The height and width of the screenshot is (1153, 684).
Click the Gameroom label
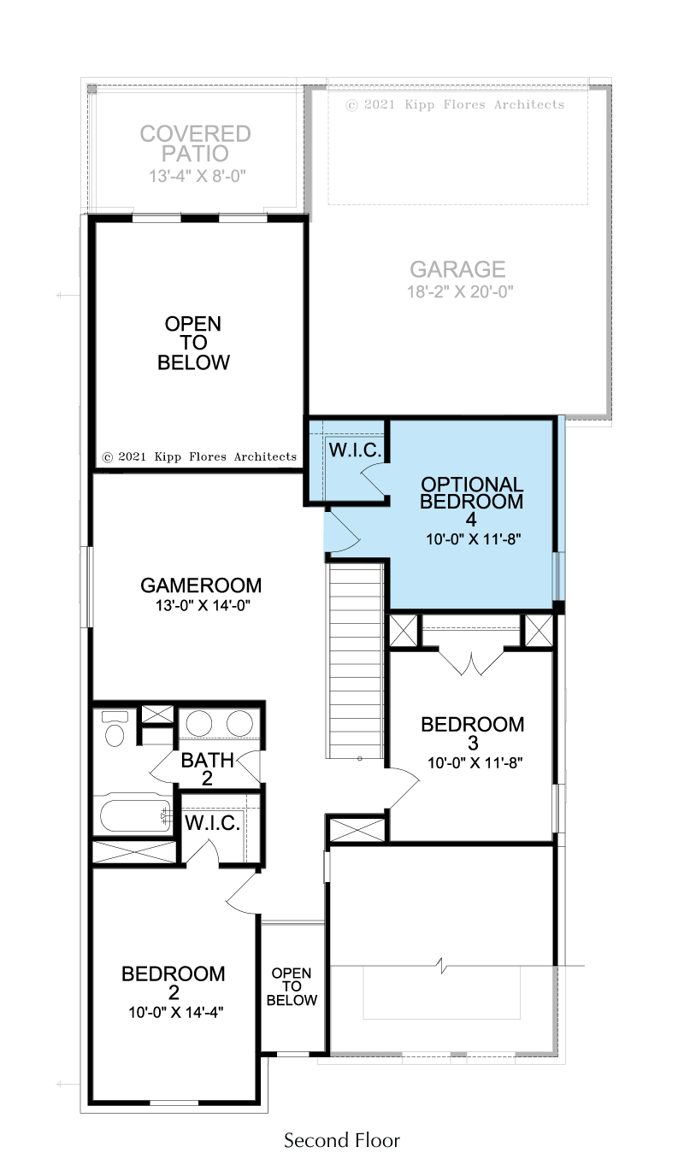pos(201,585)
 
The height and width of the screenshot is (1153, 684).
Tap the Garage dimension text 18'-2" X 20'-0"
pos(460,291)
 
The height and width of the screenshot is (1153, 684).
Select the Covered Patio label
pos(195,143)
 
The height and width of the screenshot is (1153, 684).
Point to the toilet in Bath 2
pos(115,728)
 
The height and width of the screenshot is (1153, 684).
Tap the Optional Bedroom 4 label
pos(471,501)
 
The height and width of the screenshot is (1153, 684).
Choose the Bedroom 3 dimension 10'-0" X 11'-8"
pos(475,762)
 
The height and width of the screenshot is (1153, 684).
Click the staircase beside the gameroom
pos(356,661)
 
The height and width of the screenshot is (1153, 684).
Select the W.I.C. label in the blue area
pos(355,450)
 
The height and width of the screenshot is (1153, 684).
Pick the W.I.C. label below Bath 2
pos(212,822)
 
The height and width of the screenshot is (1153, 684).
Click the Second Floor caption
pos(341,1139)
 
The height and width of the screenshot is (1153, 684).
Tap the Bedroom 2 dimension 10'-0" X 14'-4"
pos(175,1012)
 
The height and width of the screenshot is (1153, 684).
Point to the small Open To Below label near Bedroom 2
pos(292,986)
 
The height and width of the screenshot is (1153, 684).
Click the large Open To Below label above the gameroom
pos(193,343)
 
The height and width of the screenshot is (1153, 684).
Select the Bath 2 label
pos(207,769)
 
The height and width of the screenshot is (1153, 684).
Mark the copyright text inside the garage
pos(455,104)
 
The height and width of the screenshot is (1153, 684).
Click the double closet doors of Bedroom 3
pos(471,662)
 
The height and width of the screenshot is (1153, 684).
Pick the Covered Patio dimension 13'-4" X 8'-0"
pos(198,176)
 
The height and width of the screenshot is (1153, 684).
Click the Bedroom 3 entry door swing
pos(403,787)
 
